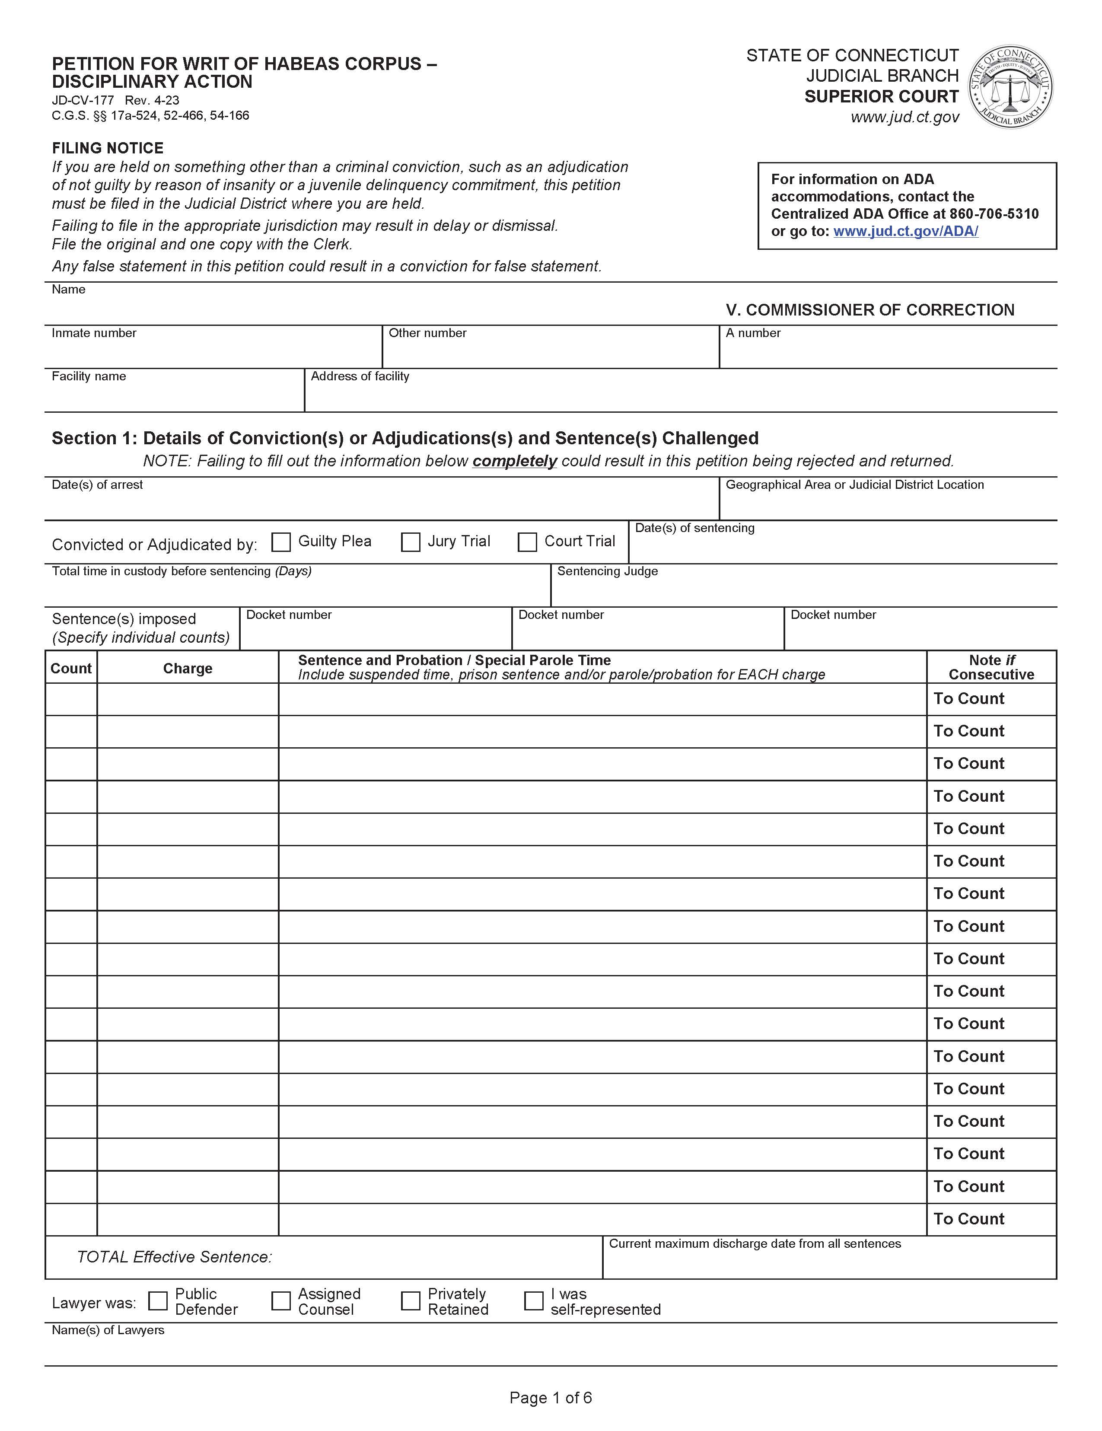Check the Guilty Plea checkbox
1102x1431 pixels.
281,542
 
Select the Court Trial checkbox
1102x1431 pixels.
527,542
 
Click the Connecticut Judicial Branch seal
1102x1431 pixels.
1011,86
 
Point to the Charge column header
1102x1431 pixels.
188,668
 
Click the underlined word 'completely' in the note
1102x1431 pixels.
514,461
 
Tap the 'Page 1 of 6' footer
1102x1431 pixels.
550,1398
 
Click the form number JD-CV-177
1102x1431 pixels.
83,100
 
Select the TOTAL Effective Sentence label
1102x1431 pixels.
174,1257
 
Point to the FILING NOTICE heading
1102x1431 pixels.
108,148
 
